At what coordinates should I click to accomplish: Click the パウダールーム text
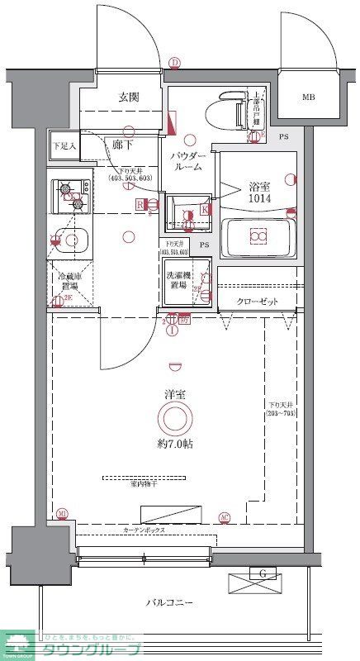(187, 161)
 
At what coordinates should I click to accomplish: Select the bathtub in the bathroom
(258, 237)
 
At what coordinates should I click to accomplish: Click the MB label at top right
(308, 97)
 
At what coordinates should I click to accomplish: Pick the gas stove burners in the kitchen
(71, 195)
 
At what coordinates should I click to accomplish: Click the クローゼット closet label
(257, 302)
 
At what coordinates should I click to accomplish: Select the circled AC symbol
(224, 518)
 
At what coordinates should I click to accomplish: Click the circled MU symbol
(62, 514)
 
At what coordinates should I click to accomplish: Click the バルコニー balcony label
(170, 604)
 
